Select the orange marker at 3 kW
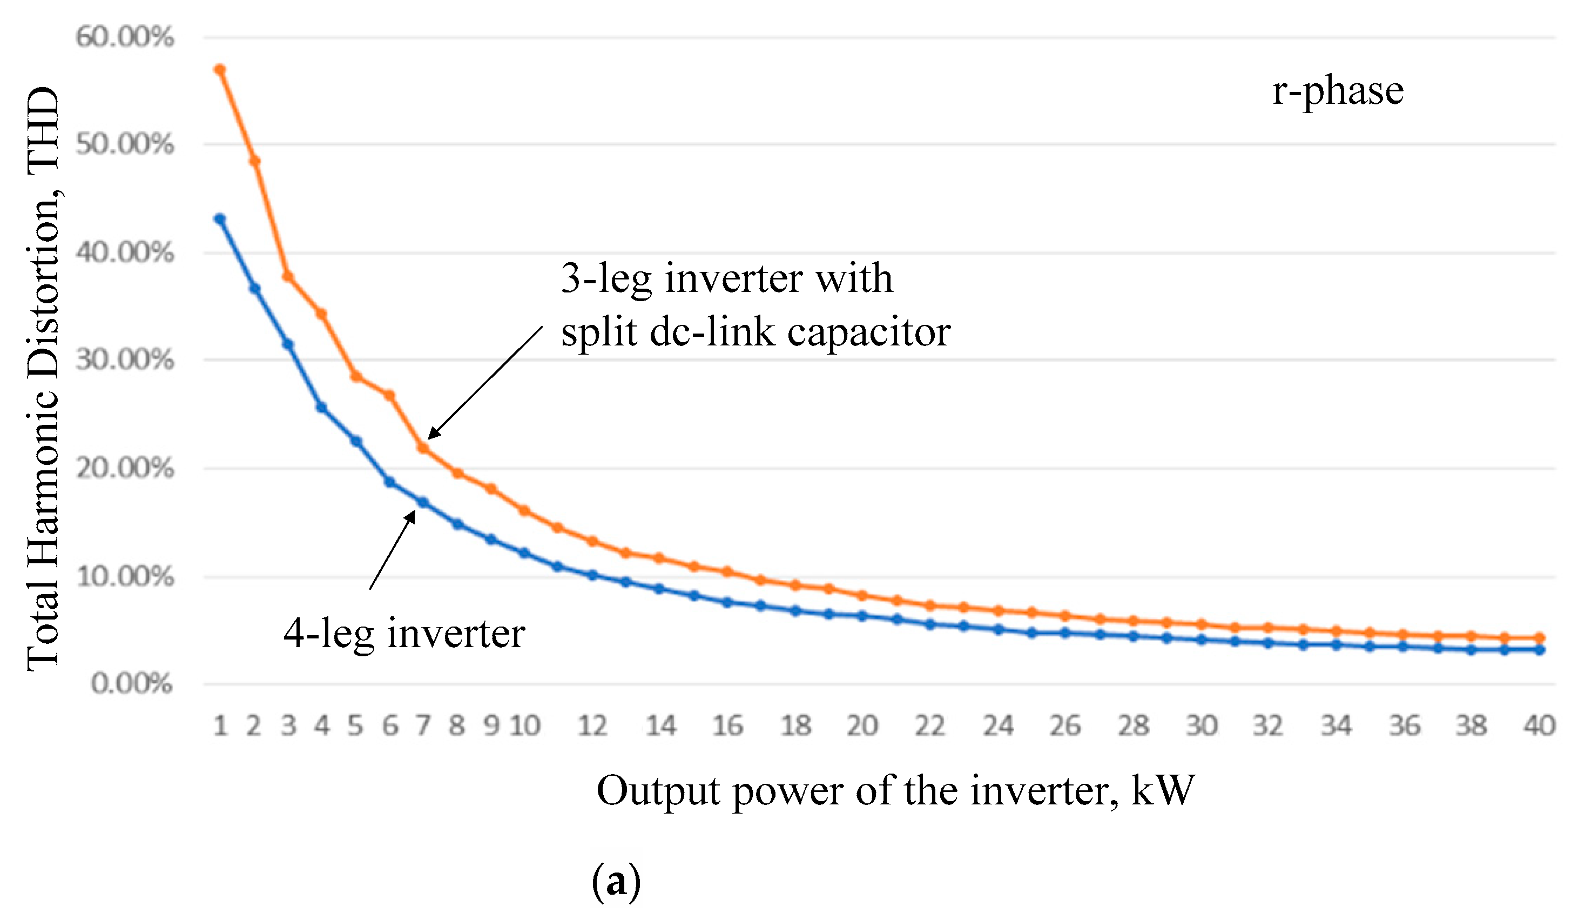(x=288, y=277)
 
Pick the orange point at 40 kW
(x=1539, y=638)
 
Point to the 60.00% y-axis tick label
(x=125, y=37)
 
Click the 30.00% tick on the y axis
(x=125, y=360)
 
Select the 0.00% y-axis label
(x=131, y=684)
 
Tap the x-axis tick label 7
(x=423, y=726)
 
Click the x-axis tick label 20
(x=862, y=726)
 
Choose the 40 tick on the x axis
(x=1539, y=726)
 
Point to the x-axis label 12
(x=592, y=726)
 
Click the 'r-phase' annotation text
(x=1338, y=91)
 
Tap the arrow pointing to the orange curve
(x=484, y=382)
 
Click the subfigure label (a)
(x=616, y=882)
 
